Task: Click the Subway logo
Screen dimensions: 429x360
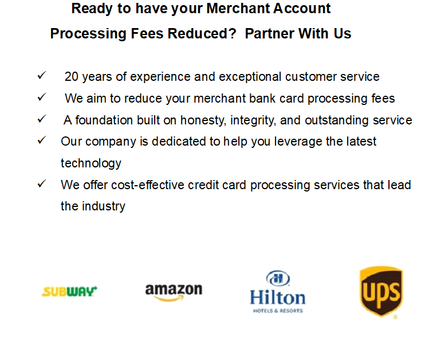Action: click(69, 291)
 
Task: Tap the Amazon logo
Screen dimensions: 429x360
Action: click(174, 292)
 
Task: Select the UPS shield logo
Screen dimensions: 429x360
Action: click(381, 292)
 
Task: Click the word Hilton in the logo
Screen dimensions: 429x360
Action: click(278, 298)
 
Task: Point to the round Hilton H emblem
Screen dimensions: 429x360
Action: click(278, 279)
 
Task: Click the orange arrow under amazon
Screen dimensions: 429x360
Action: click(169, 299)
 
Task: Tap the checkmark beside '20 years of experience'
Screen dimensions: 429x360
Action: click(42, 75)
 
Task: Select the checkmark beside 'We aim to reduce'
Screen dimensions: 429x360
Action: click(42, 97)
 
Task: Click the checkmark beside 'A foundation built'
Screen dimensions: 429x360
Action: click(42, 119)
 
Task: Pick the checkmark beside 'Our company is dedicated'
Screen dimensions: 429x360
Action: click(42, 140)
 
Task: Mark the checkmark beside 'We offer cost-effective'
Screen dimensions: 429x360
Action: click(42, 183)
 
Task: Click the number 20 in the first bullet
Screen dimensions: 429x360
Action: click(72, 77)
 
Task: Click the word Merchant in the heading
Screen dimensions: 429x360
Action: click(238, 8)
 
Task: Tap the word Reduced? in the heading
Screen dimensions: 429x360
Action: click(202, 34)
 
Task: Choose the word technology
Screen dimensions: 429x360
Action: click(91, 163)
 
